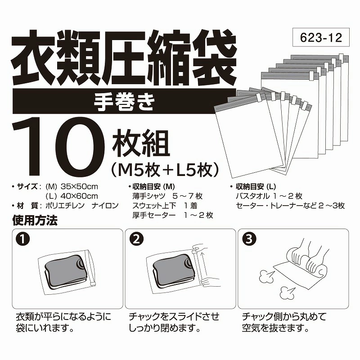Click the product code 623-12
tap(321, 37)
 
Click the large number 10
tap(59, 147)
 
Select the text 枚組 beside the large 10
tap(141, 143)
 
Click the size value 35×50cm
tap(80, 186)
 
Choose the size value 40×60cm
tap(80, 196)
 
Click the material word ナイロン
tap(105, 206)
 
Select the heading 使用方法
tap(35, 220)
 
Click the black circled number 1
tap(23, 239)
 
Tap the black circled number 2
tap(136, 239)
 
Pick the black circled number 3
tap(249, 239)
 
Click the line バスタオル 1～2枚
tap(269, 196)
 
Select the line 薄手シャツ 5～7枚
tap(167, 196)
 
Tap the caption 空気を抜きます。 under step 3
tap(275, 328)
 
